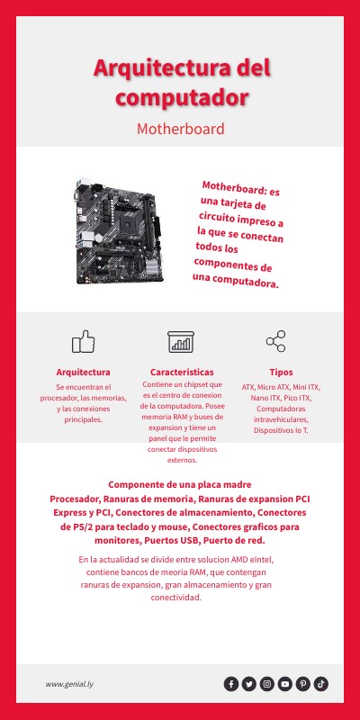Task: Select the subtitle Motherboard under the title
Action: (180, 129)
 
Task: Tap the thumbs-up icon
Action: (83, 341)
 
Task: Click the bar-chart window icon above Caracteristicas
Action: (181, 341)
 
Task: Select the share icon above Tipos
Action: (275, 341)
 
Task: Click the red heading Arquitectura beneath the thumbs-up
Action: (83, 372)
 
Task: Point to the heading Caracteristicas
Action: (182, 372)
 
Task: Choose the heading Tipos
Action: (280, 372)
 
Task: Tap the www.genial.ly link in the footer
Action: (70, 684)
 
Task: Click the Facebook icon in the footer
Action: (231, 684)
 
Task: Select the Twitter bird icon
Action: (249, 684)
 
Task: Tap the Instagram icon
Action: (267, 684)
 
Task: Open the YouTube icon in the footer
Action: (285, 684)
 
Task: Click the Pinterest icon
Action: (303, 684)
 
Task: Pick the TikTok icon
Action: (321, 684)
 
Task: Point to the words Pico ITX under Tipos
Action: (296, 398)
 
